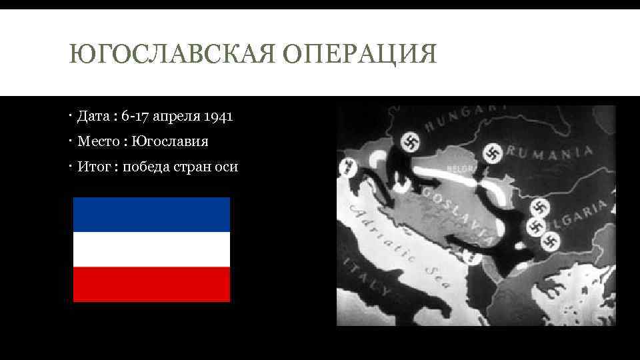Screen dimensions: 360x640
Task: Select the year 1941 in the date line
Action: coord(218,117)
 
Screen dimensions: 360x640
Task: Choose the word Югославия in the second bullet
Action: coord(170,141)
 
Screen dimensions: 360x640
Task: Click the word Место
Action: coord(97,141)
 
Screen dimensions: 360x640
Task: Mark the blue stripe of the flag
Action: coord(151,215)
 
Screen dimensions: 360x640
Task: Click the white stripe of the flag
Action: coord(151,249)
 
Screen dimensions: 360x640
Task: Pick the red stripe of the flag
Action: coord(151,284)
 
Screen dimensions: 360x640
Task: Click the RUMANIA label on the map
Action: coord(550,151)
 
